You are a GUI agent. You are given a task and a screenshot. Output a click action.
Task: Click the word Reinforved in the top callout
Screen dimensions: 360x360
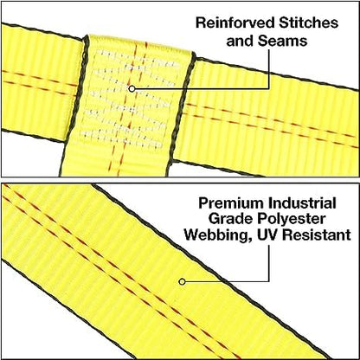[x=235, y=22]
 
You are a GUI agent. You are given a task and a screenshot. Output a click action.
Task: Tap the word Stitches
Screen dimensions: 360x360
[x=308, y=22]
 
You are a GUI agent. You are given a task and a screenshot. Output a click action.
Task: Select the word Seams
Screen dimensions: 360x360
[x=282, y=41]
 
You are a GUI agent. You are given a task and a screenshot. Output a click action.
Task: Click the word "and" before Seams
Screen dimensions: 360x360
[x=241, y=41]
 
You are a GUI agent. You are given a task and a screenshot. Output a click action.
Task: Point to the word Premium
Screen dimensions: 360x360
[x=231, y=203]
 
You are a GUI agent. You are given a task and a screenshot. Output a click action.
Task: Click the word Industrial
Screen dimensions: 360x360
[x=302, y=203]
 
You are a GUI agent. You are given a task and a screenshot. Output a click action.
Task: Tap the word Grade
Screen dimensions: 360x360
[x=230, y=219]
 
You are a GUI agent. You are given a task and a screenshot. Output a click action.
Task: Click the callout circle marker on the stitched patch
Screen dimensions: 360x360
[x=132, y=89]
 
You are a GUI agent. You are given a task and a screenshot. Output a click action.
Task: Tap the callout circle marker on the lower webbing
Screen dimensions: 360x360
[x=182, y=281]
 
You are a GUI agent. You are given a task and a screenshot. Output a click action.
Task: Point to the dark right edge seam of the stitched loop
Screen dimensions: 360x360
[x=180, y=112]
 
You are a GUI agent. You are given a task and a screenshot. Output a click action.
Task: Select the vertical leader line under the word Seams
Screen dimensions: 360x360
[x=269, y=68]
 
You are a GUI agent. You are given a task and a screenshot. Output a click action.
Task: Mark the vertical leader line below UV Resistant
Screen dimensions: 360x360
[x=269, y=263]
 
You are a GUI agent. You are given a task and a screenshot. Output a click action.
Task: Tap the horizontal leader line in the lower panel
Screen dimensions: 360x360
[x=227, y=281]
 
